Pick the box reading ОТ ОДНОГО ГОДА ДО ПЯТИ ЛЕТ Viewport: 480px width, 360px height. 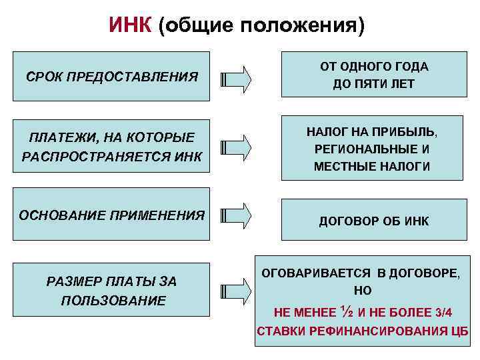(374, 76)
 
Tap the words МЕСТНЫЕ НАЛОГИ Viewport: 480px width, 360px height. (372, 167)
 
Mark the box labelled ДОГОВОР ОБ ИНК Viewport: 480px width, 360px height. (374, 220)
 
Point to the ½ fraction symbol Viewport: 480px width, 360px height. (346, 310)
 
